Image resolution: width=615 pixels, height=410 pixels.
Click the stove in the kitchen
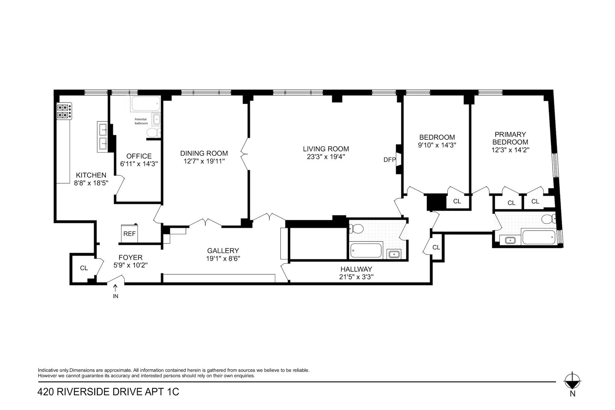pos(64,111)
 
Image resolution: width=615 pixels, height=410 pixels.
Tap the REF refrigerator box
pos(129,234)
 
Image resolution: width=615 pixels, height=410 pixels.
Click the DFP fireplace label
pos(389,160)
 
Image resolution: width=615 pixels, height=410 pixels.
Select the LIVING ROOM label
pos(326,149)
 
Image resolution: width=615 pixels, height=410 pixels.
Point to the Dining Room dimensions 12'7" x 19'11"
pos(204,161)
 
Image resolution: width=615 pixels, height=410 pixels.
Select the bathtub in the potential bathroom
pos(146,103)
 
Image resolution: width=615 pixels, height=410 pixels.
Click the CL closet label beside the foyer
pos(84,268)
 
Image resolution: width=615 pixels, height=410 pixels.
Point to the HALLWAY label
pos(356,269)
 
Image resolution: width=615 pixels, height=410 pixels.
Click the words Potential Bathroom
pos(141,121)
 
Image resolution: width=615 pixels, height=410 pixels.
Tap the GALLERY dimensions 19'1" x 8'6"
pos(223,259)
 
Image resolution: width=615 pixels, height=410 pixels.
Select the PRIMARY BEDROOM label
pos(510,138)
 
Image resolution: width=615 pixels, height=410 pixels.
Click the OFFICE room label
pos(139,156)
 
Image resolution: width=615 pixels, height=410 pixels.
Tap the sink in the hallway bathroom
pos(393,254)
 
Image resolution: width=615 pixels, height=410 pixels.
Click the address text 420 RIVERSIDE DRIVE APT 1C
pos(108,392)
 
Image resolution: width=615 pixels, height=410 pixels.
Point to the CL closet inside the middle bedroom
pos(457,201)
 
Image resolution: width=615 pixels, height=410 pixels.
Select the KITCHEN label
pos(91,175)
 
